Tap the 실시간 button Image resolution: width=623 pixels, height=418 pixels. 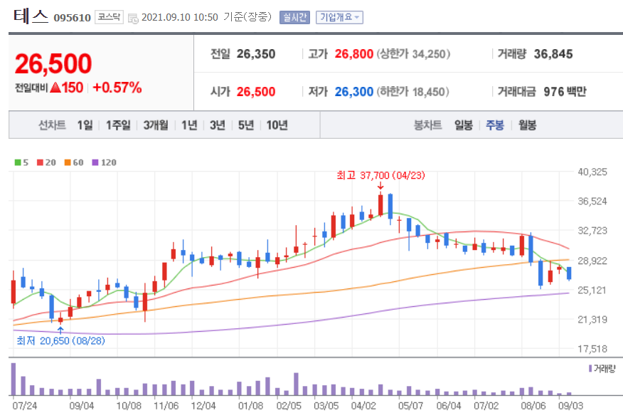[x=294, y=17]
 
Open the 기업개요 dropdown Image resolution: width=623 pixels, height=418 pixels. [x=339, y=17]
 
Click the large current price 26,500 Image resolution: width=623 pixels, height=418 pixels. [x=53, y=64]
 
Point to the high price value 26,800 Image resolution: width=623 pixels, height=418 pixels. [x=354, y=54]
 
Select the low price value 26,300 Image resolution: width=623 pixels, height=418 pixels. [x=354, y=91]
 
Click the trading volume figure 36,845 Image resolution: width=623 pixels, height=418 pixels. [x=553, y=54]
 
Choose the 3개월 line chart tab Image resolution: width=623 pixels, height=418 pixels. [x=155, y=125]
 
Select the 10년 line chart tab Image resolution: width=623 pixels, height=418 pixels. [x=277, y=125]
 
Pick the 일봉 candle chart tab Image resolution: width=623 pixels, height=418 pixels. [x=463, y=125]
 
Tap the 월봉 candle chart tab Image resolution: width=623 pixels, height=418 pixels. [x=527, y=125]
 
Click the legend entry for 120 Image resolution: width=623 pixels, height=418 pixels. [x=105, y=162]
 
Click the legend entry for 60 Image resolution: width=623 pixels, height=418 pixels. [x=73, y=162]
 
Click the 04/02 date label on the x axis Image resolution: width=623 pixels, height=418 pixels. [x=364, y=405]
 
